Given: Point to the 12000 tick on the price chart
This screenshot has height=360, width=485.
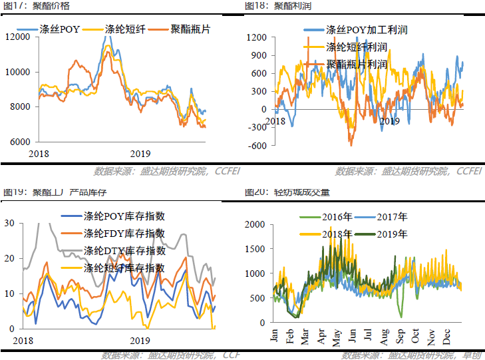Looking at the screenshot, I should point(17,37).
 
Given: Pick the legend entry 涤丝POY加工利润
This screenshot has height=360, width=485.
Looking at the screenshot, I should point(366,30).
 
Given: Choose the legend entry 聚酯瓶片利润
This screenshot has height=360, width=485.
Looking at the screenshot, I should point(357,65).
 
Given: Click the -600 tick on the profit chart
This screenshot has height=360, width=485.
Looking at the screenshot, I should point(257,146).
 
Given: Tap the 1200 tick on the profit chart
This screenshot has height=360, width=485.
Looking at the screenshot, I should point(256,37).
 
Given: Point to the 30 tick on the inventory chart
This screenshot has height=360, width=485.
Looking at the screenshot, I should point(9,223).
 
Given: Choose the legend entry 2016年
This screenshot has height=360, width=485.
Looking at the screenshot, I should point(337,217).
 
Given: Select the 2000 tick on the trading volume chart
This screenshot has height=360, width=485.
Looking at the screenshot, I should point(255,224).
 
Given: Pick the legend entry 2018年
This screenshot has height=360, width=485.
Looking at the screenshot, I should point(337,234).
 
